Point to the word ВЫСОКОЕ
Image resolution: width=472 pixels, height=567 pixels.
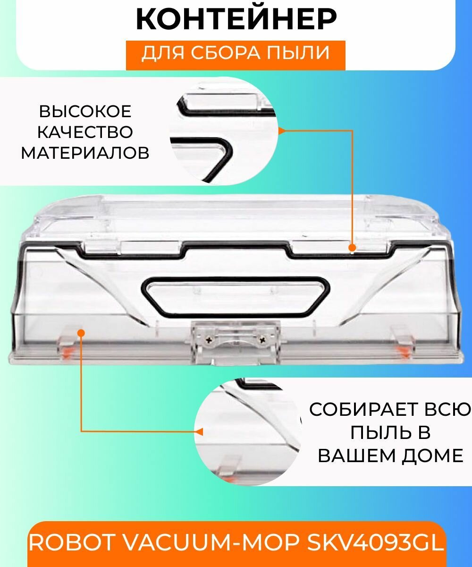point(85,112)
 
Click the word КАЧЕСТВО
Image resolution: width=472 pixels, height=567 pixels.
point(85,132)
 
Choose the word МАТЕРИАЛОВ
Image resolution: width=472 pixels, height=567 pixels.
point(85,153)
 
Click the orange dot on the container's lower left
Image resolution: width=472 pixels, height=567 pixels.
point(81,333)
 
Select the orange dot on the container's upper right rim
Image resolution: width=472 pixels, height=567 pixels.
point(352,248)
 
